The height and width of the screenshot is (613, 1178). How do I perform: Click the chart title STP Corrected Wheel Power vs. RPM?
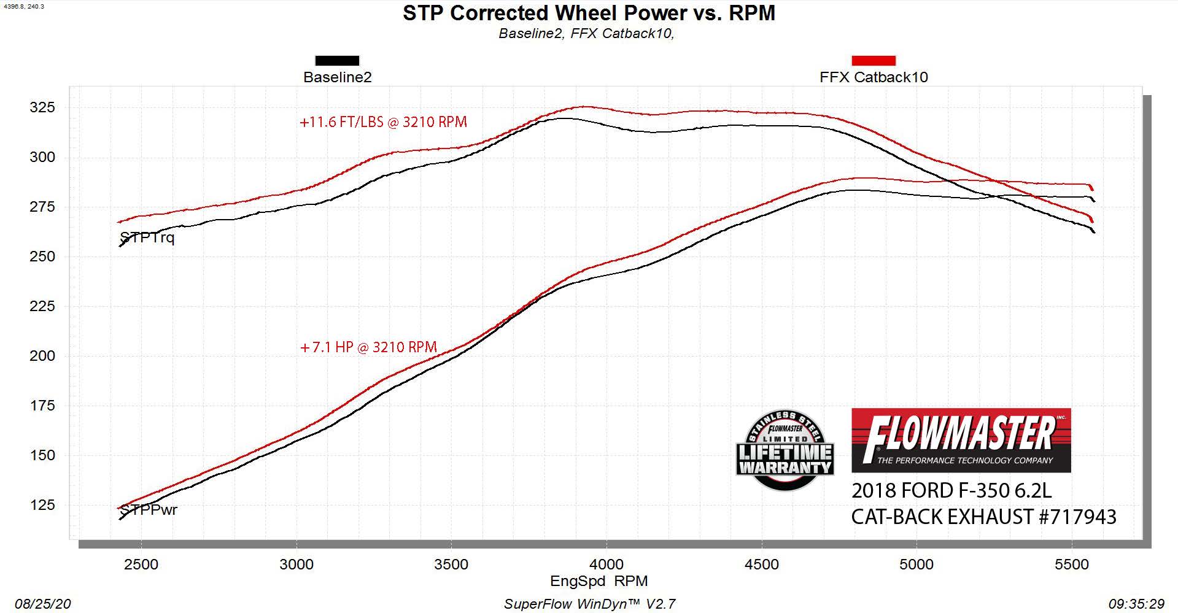tap(589, 13)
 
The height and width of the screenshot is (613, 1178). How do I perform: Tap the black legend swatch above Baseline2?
tap(337, 60)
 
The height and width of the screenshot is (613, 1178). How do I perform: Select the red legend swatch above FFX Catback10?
tap(873, 60)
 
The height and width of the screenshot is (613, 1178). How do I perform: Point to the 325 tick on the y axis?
tap(42, 107)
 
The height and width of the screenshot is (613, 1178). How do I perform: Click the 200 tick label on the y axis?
tap(42, 356)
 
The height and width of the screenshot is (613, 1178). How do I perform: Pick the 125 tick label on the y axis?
tap(42, 505)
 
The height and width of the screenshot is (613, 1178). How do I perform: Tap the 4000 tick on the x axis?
tap(606, 564)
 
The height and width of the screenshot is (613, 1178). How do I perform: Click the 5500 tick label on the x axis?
tap(1071, 564)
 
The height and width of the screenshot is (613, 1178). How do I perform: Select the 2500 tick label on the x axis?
tap(141, 564)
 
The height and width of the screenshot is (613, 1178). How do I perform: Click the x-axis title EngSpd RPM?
tap(599, 580)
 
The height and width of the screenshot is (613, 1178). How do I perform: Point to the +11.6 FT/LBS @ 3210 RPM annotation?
tap(383, 122)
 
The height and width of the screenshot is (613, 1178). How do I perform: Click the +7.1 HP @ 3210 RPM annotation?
tap(368, 347)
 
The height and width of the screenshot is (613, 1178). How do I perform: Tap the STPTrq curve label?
tap(147, 237)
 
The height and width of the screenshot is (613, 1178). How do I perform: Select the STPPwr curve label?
tap(149, 509)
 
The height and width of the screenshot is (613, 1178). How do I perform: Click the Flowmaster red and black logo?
tap(961, 440)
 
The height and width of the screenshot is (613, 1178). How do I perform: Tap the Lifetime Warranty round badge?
tap(785, 450)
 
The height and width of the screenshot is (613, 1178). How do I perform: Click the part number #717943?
tap(1077, 517)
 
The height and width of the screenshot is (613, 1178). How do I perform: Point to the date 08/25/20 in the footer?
tap(42, 604)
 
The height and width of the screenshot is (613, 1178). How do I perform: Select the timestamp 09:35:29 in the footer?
tap(1136, 604)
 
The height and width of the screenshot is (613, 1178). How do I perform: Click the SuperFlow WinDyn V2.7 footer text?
tap(589, 604)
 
